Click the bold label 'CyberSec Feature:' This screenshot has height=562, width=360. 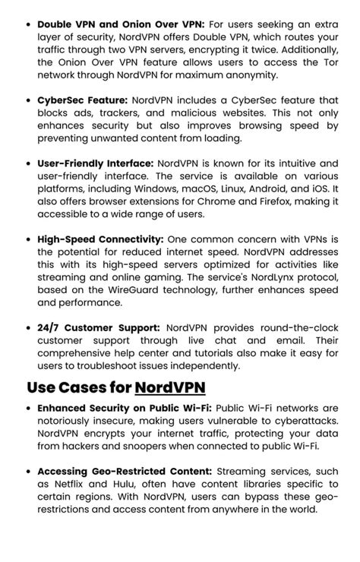(x=83, y=100)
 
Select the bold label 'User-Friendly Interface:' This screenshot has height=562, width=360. (x=95, y=163)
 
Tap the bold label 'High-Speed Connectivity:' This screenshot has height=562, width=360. (x=100, y=238)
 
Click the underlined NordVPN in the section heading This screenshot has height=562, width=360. (x=170, y=387)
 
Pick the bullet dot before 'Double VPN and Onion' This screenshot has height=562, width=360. (x=28, y=24)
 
